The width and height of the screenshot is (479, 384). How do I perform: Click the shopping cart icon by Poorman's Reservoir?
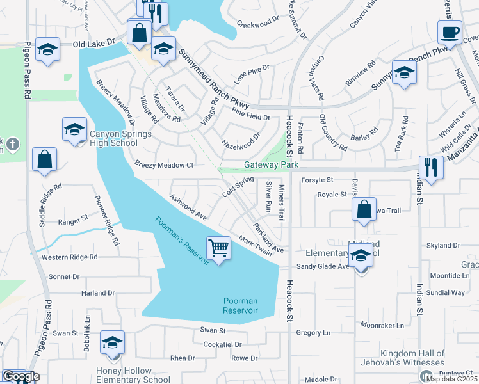(218, 248)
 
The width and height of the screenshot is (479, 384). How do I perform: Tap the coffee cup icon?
(449, 32)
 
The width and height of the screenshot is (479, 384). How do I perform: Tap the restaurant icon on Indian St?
(431, 168)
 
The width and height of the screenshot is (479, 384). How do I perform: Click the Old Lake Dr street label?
(93, 43)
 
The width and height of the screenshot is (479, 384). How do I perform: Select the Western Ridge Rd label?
(69, 257)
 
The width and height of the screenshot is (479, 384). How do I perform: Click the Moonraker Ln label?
(382, 325)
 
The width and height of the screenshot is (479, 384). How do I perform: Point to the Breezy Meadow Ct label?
(164, 164)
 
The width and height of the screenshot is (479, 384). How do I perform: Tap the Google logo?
(21, 376)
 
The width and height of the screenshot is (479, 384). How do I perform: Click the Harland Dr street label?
(97, 293)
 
